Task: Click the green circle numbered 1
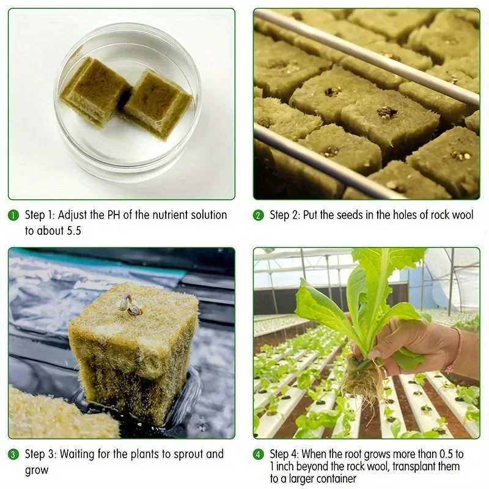pos(13,215)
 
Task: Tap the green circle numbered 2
pos(259,215)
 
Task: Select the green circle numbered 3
pos(13,454)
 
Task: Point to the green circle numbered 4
pos(259,454)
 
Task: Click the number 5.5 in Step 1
pos(70,231)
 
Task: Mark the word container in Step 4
pos(331,479)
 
